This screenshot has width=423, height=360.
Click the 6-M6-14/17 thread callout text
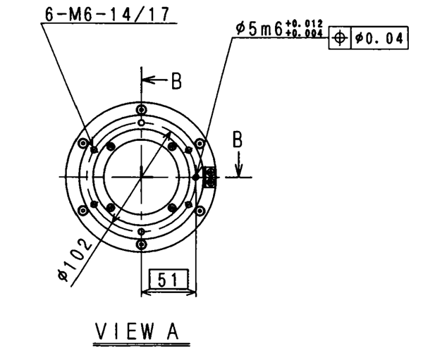107,14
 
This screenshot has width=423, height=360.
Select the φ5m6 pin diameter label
259,29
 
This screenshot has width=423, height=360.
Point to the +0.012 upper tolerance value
304,24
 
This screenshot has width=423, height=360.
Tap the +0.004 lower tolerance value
304,33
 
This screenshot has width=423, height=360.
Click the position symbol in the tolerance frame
340,38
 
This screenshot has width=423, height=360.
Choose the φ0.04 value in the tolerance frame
379,38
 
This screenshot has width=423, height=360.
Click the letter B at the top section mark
176,80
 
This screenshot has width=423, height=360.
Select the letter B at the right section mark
238,139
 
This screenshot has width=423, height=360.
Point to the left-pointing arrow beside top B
156,80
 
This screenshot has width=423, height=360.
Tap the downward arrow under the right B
239,164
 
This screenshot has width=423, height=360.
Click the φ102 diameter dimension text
75,259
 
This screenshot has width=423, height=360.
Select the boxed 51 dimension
168,279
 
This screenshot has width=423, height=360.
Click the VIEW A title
137,331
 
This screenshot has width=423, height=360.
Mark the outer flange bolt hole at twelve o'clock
142,110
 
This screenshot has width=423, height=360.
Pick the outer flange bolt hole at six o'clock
142,245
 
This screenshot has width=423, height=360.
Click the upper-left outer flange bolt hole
82,143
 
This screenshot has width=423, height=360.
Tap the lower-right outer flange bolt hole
200,211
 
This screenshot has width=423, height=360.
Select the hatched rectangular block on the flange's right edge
210,177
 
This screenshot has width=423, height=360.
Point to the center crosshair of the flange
142,177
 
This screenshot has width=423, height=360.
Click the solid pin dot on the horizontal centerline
197,177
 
